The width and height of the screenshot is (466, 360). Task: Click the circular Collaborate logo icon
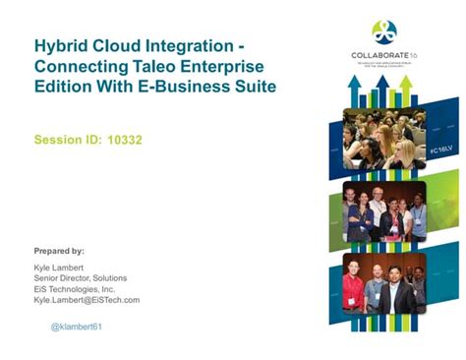click(x=383, y=31)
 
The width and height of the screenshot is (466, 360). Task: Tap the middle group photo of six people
click(x=383, y=210)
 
